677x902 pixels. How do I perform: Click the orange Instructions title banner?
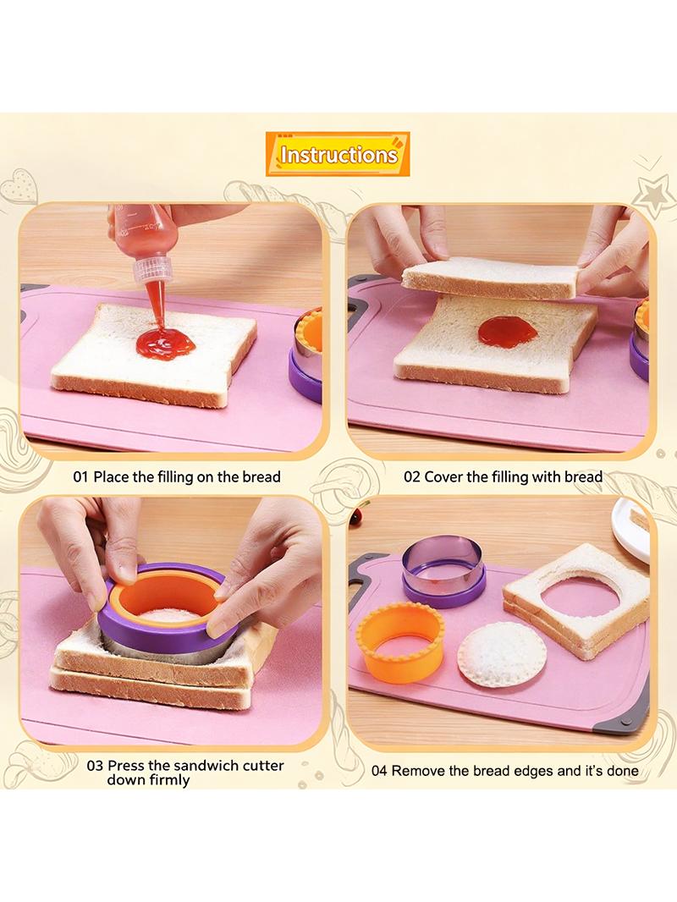pyautogui.click(x=338, y=154)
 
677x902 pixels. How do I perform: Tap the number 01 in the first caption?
pyautogui.click(x=80, y=477)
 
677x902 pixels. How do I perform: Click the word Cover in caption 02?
pyautogui.click(x=443, y=477)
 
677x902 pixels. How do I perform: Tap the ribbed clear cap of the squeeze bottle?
pyautogui.click(x=153, y=268)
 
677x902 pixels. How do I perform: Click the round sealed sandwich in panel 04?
pyautogui.click(x=502, y=653)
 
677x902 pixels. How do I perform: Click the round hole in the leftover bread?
pyautogui.click(x=580, y=599)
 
